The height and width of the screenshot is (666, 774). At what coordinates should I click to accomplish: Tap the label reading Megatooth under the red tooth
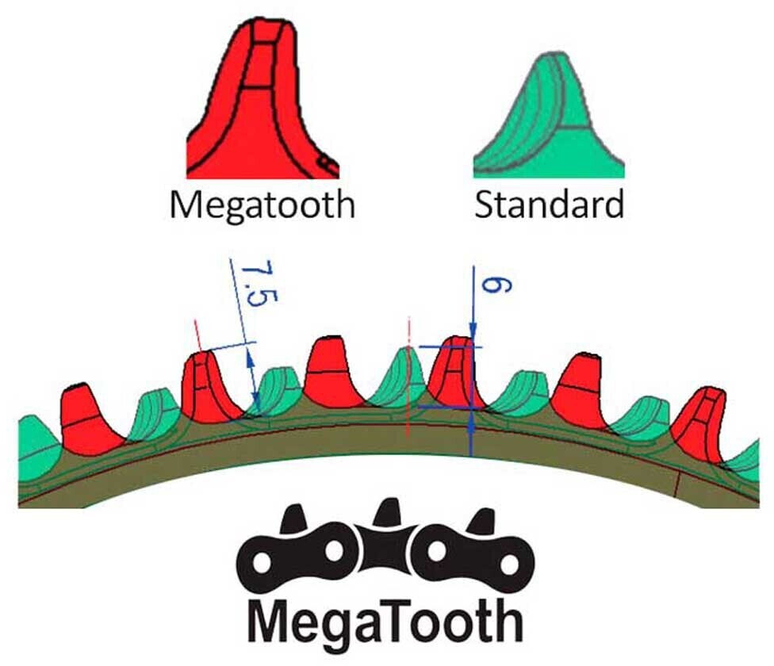click(x=261, y=205)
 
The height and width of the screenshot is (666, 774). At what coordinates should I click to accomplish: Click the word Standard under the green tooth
click(x=549, y=205)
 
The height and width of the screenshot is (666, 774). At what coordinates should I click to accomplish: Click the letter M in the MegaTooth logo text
click(x=273, y=623)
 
